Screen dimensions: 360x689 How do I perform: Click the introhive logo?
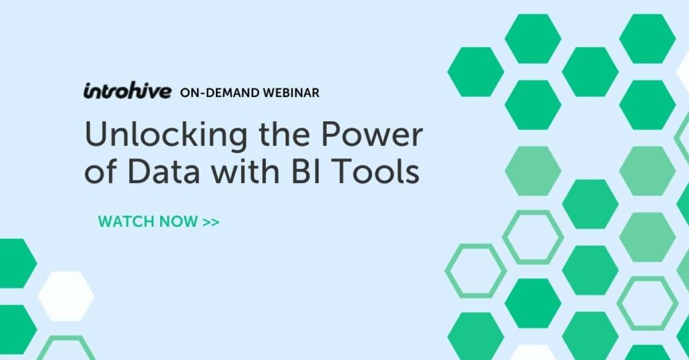[127, 92]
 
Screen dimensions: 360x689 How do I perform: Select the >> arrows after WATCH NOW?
[211, 221]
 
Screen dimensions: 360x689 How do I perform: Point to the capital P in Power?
[330, 137]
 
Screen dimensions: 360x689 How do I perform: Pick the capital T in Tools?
[318, 174]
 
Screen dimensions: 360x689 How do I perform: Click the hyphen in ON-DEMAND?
[203, 93]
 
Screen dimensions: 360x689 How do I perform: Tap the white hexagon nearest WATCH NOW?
[65, 297]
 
